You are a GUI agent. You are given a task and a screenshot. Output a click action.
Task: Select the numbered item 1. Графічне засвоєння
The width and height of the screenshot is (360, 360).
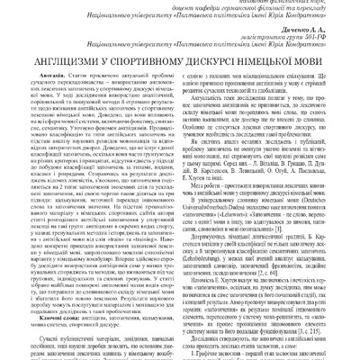225,355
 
